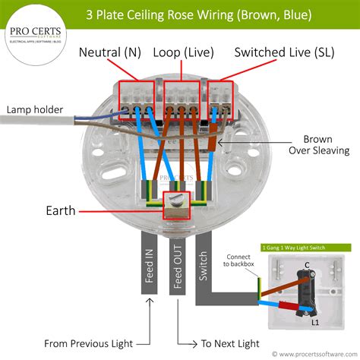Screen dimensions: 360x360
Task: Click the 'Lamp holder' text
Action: click(35, 109)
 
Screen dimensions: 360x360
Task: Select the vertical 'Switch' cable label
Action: click(204, 262)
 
